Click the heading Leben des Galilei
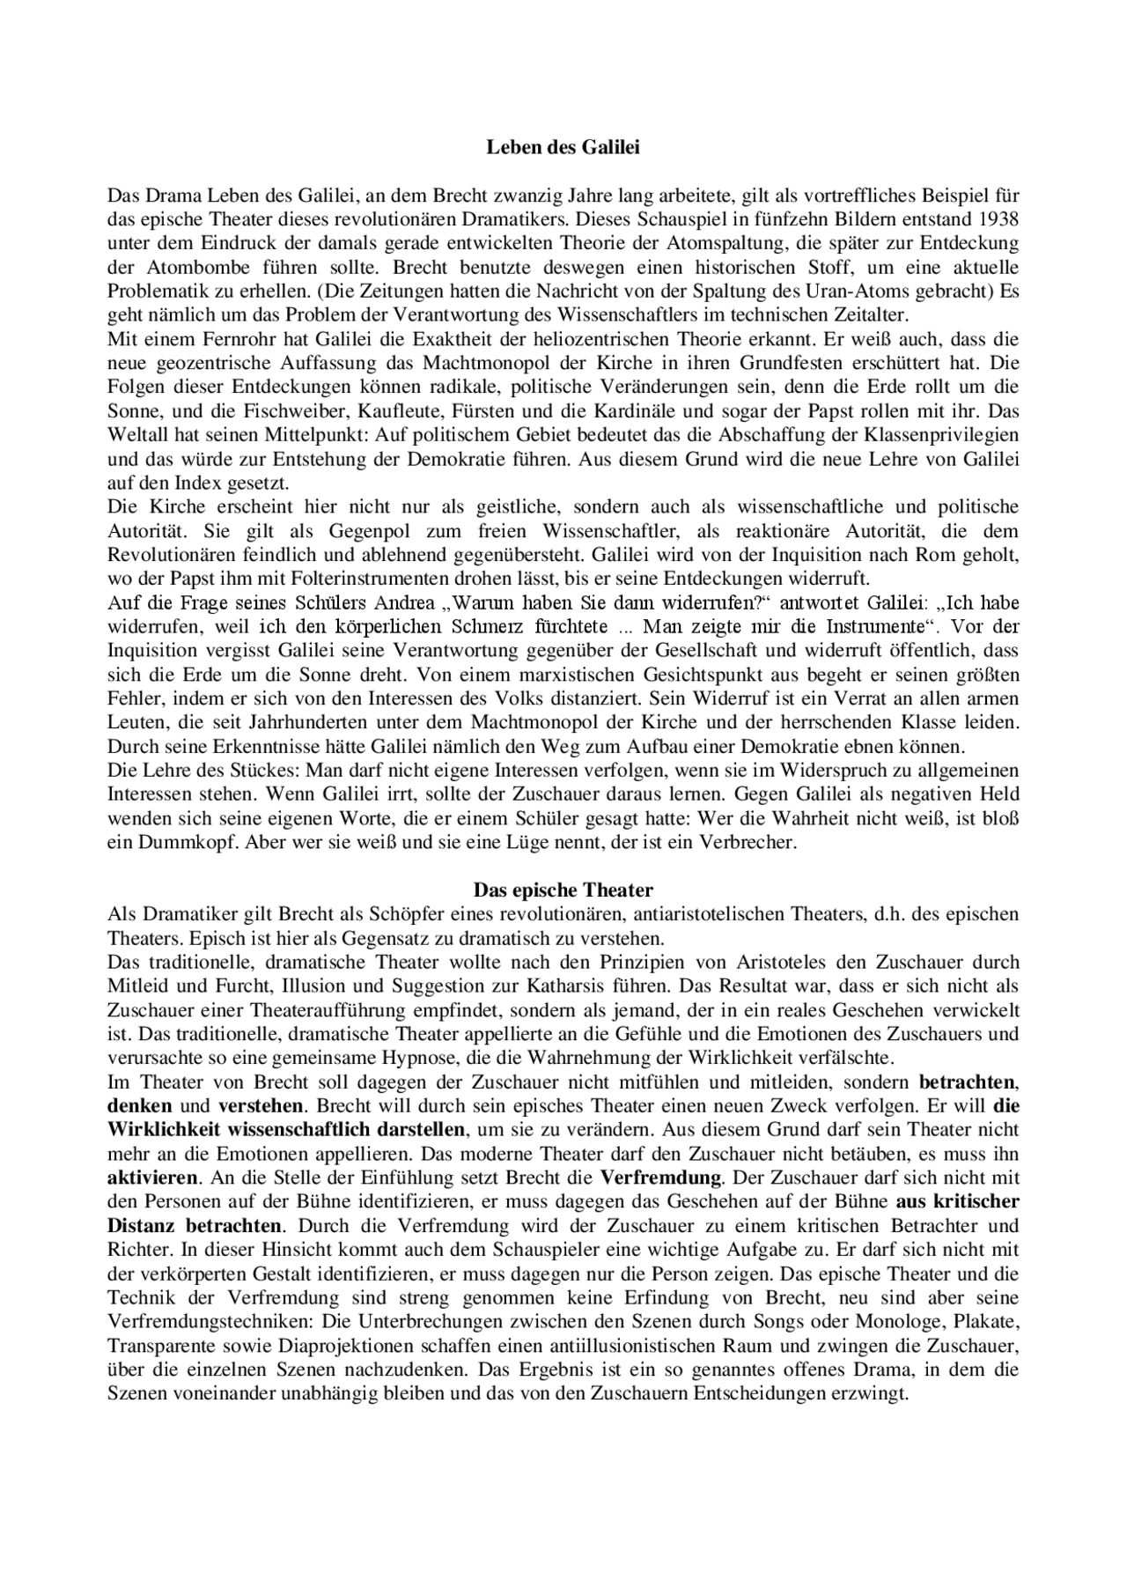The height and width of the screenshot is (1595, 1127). pos(563,148)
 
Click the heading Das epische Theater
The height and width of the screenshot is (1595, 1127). pos(563,890)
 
